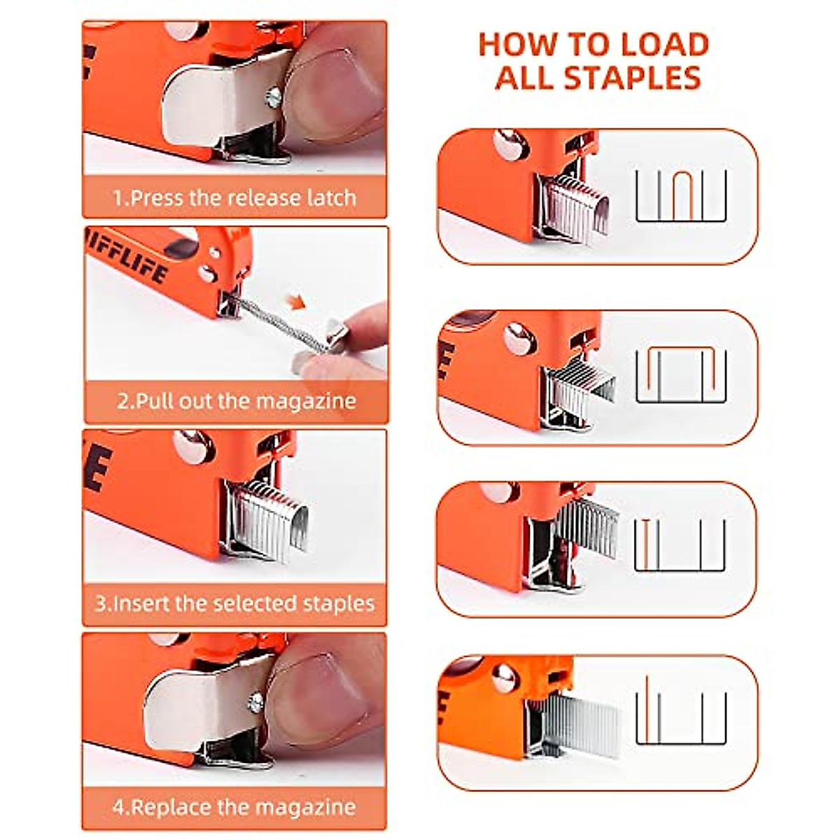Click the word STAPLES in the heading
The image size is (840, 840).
coord(632,77)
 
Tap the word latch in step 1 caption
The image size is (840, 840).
coord(332,197)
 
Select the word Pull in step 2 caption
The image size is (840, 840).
coord(155,401)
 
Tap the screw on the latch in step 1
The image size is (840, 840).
coord(274,97)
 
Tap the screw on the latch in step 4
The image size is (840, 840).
coord(256,701)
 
